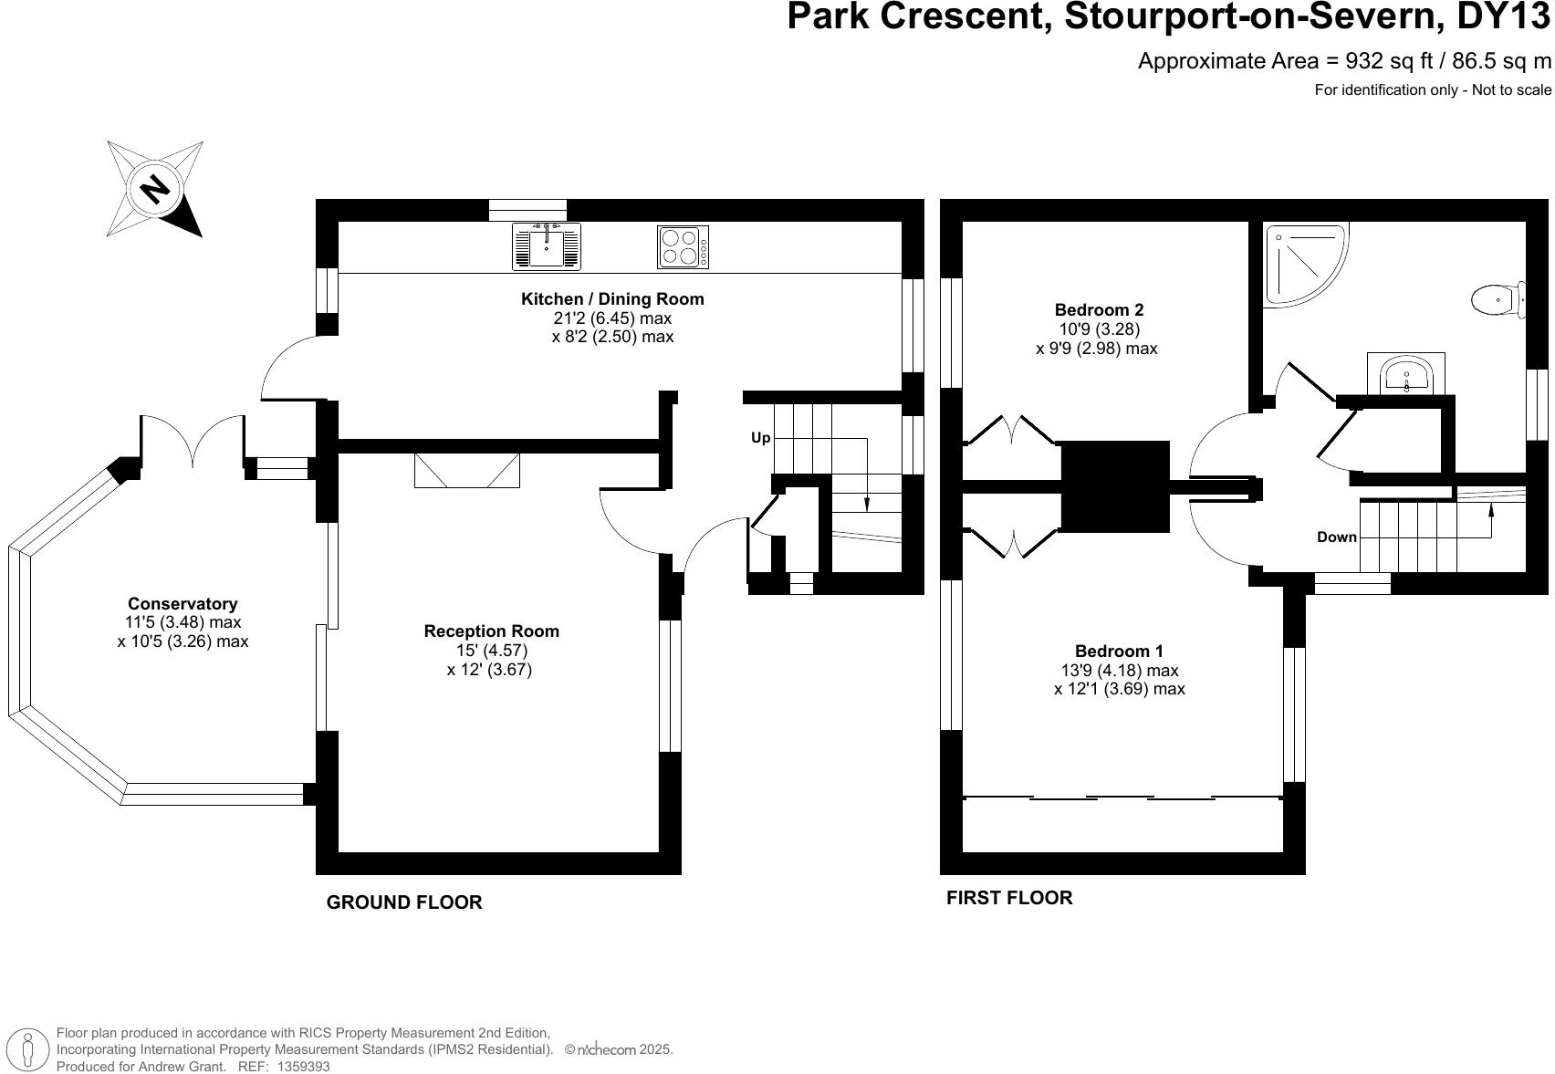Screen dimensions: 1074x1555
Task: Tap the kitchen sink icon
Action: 546,246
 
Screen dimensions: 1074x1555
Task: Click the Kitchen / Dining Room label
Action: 612,298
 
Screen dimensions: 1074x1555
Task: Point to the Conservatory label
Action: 183,603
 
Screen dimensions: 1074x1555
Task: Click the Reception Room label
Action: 491,631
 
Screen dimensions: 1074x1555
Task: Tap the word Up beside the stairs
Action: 760,438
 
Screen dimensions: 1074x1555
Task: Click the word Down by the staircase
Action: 1336,537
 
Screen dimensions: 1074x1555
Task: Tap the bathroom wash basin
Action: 1406,374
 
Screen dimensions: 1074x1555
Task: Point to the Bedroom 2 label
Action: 1099,309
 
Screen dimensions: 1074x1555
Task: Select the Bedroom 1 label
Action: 1119,651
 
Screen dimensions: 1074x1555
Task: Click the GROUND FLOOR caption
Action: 404,902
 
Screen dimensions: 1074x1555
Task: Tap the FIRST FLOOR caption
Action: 1008,897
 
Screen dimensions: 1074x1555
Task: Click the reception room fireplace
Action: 466,470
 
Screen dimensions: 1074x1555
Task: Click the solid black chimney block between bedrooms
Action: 1114,486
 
